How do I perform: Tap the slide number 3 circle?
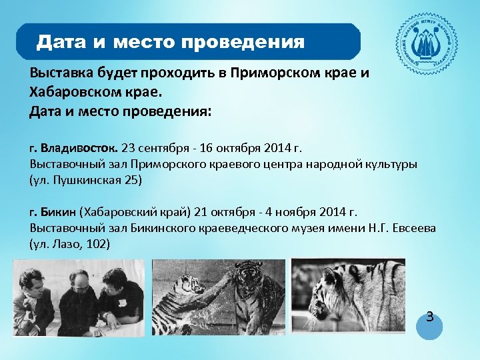pos(429,319)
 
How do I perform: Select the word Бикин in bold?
pos(59,213)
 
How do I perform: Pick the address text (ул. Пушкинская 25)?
pos(86,180)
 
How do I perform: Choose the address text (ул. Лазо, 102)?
pos(70,245)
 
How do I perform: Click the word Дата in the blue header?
pos(62,43)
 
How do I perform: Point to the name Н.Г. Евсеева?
pos(401,229)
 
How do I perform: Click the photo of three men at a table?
pos(79,297)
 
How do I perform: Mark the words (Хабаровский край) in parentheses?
pos(135,213)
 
